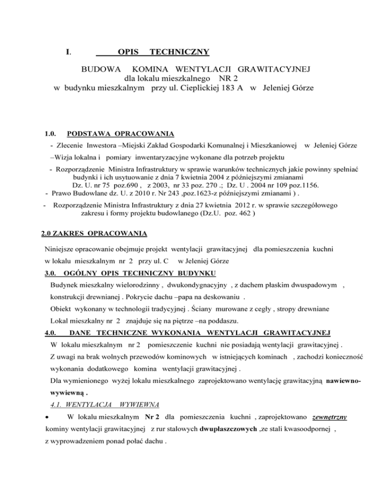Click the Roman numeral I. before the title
pyautogui.click(x=68, y=52)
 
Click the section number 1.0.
pyautogui.click(x=50, y=134)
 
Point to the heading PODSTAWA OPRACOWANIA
pyautogui.click(x=121, y=134)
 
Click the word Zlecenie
pyautogui.click(x=70, y=145)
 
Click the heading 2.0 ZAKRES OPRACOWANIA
pyautogui.click(x=94, y=234)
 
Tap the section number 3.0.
pyautogui.click(x=50, y=273)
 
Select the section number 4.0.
pyautogui.click(x=50, y=332)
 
